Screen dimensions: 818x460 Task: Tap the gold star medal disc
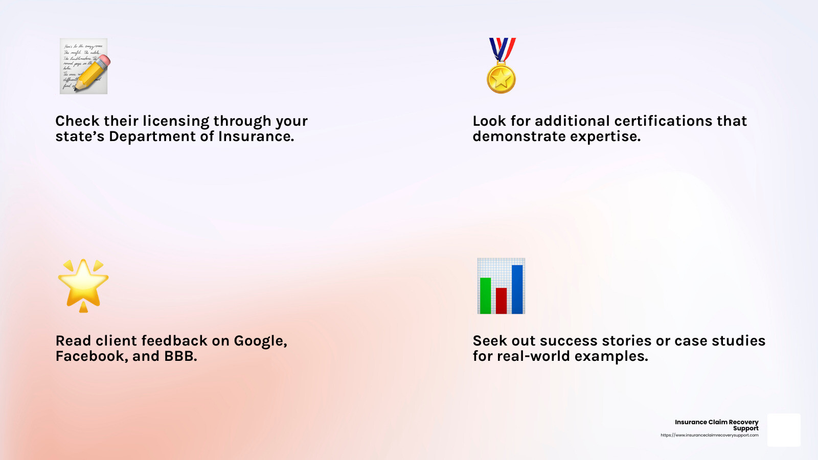501,79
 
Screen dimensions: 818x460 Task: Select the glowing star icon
83,286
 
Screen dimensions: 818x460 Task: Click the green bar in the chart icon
485,296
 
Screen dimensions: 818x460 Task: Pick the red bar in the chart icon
501,301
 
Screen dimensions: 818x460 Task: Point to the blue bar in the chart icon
517,289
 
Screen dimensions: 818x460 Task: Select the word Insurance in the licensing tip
256,136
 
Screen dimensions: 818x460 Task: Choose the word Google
260,341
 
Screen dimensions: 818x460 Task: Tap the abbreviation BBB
180,356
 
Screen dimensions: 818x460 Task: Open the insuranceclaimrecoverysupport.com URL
710,435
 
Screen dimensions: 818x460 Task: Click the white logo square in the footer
784,430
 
